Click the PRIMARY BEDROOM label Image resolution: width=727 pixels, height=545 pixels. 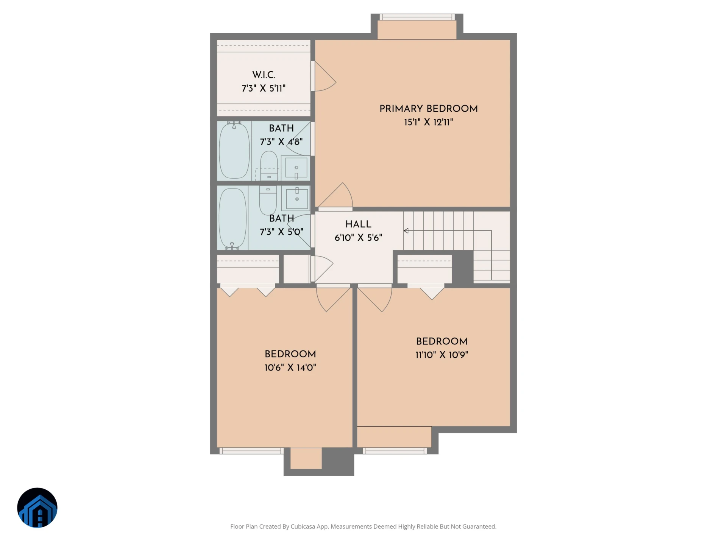[429, 109]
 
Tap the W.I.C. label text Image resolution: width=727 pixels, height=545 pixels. [264, 75]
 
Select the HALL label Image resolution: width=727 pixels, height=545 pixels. [358, 224]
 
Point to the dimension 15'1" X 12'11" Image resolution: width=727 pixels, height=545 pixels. [429, 122]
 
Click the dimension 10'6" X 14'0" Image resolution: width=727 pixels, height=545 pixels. [290, 367]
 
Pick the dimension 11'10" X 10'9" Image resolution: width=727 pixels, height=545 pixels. [442, 355]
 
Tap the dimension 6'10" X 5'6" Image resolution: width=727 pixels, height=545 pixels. [358, 238]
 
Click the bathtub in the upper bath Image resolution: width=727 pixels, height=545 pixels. [234, 150]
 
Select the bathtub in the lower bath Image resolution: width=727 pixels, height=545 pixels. [232, 218]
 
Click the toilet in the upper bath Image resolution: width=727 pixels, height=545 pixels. [269, 165]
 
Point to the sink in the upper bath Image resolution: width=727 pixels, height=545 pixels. [296, 168]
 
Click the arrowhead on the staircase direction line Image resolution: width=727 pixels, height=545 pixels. [406, 231]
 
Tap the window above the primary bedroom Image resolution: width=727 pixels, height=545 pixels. [417, 17]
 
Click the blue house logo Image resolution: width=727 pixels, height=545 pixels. [37, 508]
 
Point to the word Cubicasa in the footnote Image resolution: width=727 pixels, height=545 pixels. [303, 526]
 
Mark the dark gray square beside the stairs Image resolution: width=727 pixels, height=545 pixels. [463, 266]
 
